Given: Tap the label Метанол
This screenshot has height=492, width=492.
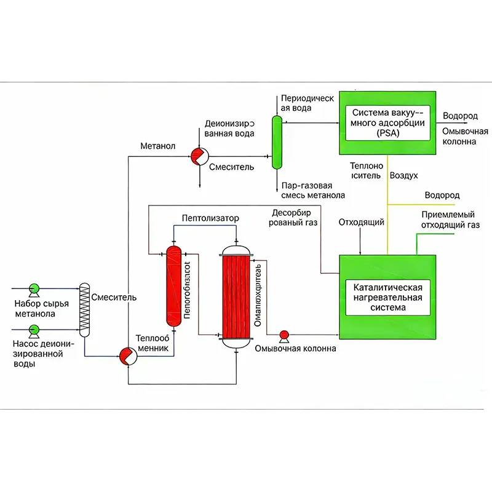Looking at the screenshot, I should coord(158,146).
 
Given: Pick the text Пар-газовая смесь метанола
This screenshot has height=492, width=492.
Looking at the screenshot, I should coord(312,190).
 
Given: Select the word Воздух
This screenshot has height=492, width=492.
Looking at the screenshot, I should coord(405,176).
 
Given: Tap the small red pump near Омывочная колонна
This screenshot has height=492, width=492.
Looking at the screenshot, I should coord(285,335).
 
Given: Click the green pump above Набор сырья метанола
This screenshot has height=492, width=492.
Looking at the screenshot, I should coord(35,287).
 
